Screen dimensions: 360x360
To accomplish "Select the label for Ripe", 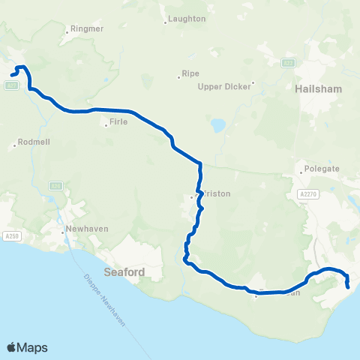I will click(190, 75).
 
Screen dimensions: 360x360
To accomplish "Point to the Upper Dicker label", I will click(226, 86).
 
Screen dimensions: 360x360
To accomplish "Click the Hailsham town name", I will click(319, 88).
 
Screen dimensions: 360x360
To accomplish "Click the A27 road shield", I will click(11, 85).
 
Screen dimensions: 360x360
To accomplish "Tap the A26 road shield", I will click(56, 184).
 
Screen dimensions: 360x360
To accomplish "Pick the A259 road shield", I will click(12, 235).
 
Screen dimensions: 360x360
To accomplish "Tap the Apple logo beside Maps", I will click(11, 347).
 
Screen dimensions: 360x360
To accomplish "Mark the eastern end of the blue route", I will click(348, 286).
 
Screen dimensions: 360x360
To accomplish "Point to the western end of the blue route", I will click(13, 73).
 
